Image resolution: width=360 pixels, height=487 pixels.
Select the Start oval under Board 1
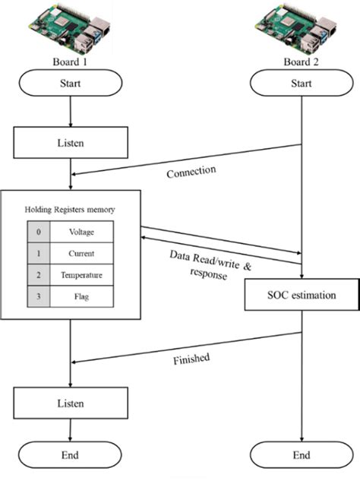[x=70, y=84]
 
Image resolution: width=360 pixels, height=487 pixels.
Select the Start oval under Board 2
[x=302, y=84]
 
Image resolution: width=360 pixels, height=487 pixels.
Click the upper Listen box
[x=70, y=141]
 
